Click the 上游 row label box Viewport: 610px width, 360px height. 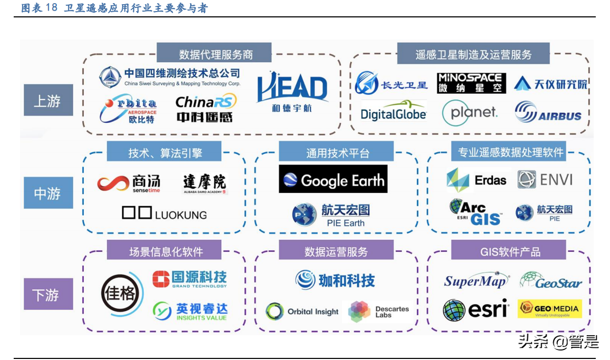click(48, 100)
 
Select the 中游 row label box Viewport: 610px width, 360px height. click(48, 193)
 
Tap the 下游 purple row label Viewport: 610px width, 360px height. click(48, 294)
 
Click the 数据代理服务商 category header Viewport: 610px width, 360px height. click(214, 54)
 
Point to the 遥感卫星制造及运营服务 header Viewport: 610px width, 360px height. click(473, 54)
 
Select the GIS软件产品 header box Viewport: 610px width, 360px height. click(508, 251)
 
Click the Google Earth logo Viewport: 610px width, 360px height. click(333, 180)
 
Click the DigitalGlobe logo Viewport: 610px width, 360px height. click(393, 112)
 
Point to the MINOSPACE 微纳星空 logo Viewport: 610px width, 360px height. click(471, 83)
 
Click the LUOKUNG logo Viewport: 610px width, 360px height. click(164, 213)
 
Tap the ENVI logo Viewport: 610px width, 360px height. click(545, 180)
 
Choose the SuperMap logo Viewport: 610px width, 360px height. click(476, 281)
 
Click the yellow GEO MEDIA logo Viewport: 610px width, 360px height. click(549, 309)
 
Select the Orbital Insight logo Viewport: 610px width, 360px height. click(302, 312)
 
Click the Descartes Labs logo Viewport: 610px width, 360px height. click(378, 312)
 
